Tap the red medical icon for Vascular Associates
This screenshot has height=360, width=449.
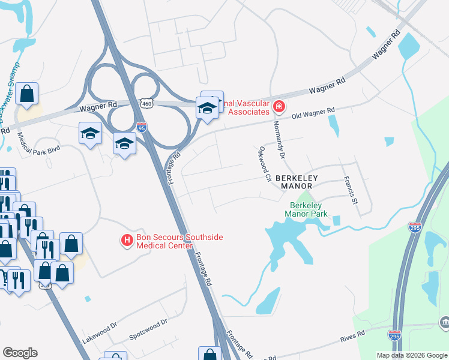[x=279, y=107]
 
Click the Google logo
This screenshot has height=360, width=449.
[x=20, y=353]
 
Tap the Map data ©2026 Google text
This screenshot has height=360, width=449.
[x=411, y=355]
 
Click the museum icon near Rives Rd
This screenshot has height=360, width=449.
[x=444, y=323]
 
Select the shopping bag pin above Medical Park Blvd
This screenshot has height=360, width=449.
[x=27, y=94]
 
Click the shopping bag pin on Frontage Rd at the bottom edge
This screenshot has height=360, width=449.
[x=209, y=354]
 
